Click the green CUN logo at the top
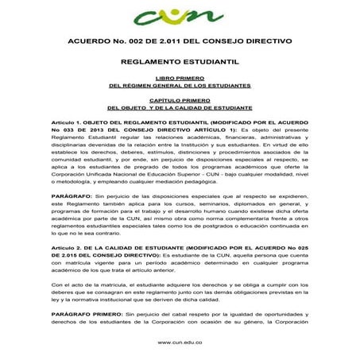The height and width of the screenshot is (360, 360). coord(180,15)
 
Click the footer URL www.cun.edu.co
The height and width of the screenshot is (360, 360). coord(180,344)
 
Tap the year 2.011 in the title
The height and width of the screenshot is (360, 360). coord(188,39)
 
